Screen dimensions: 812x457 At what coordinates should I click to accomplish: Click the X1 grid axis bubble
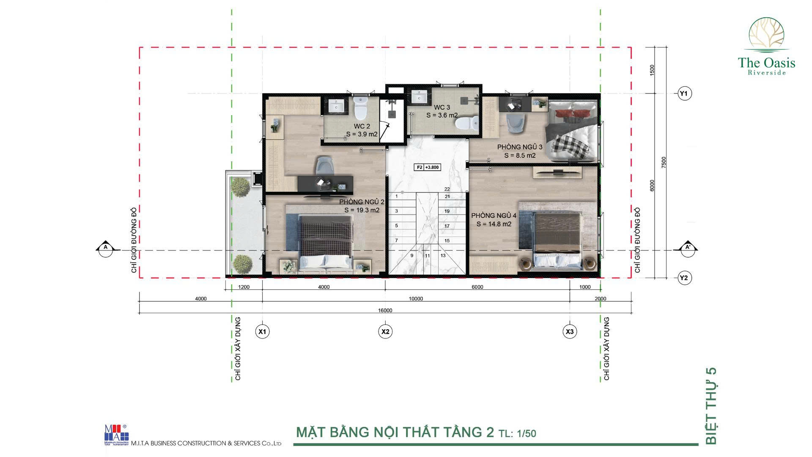[x=262, y=331]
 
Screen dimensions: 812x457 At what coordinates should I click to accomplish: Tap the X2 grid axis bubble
[x=385, y=331]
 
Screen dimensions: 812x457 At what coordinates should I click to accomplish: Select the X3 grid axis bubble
[x=570, y=331]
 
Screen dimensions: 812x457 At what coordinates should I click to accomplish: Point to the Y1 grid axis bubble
[x=683, y=93]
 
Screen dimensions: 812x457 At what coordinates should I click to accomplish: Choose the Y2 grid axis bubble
[x=683, y=278]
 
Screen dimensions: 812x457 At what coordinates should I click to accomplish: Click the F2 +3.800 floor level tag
[x=428, y=167]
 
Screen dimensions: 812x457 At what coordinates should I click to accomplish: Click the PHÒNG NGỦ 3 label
[x=520, y=147]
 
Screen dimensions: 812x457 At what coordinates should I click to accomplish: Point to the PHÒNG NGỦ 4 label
[x=494, y=215]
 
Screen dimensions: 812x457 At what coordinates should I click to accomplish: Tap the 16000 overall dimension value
[x=385, y=310]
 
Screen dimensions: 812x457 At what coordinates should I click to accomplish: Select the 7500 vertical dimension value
[x=664, y=162]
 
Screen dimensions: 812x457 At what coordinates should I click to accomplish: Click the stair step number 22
[x=447, y=189]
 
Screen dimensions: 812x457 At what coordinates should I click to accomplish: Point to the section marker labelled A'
[x=688, y=248]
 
